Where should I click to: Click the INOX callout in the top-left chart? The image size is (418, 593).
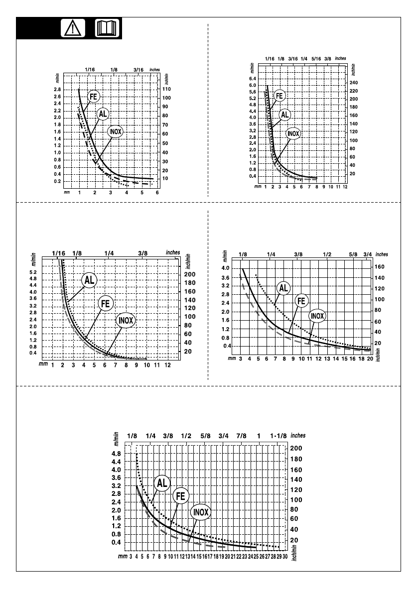click(x=115, y=131)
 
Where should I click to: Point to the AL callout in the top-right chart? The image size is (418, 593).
click(x=284, y=115)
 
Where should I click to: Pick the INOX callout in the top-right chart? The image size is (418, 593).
click(x=293, y=133)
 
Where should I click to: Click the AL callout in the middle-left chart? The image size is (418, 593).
click(x=89, y=280)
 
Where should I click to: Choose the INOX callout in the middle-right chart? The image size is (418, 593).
click(x=317, y=316)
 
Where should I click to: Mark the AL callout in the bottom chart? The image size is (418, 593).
click(x=162, y=482)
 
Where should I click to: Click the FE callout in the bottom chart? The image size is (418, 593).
click(x=180, y=496)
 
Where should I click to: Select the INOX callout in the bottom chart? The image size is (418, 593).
click(x=200, y=512)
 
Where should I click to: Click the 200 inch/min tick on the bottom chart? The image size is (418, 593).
click(x=296, y=448)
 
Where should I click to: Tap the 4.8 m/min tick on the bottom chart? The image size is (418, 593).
click(x=116, y=454)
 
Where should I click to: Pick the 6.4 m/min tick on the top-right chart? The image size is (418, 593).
click(x=252, y=79)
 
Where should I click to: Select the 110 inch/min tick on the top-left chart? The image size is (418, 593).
click(x=167, y=89)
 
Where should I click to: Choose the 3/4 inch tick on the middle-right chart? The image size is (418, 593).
click(x=368, y=254)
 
